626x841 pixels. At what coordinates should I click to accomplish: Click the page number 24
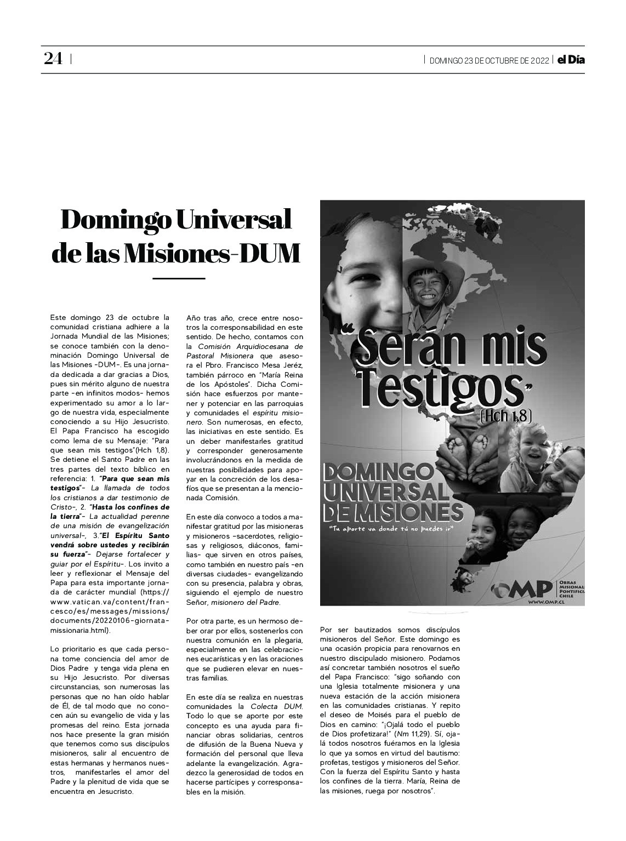pos(53,59)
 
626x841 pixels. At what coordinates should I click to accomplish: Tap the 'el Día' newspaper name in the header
pos(571,60)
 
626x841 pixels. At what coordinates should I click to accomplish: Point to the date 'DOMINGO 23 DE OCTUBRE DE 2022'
pos(489,60)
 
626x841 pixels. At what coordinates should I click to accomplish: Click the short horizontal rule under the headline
pos(178,279)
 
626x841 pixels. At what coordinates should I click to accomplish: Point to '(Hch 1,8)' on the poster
pos(505,415)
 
